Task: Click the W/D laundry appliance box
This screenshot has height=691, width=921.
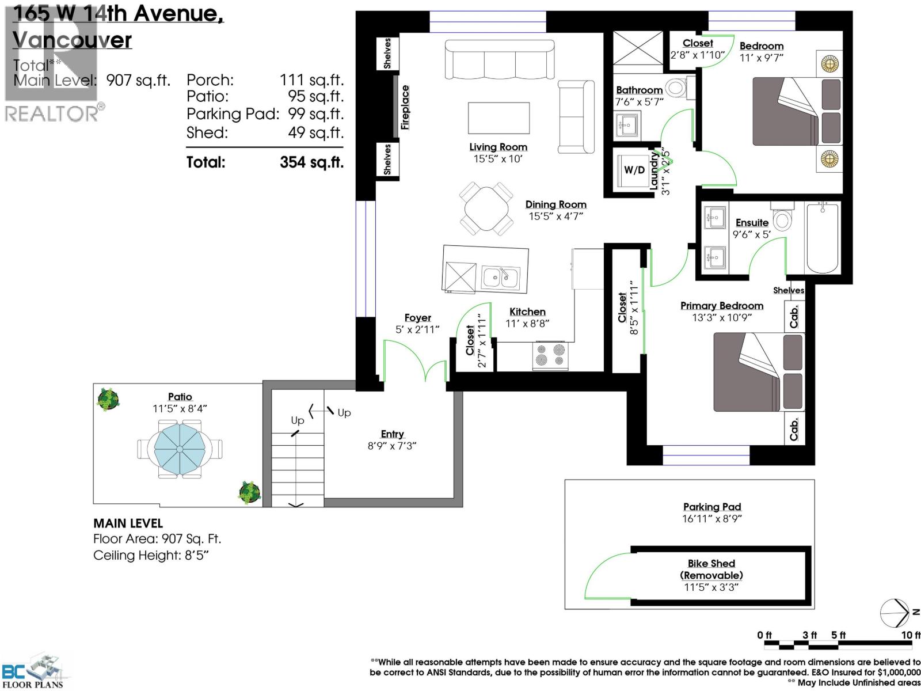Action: pos(634,170)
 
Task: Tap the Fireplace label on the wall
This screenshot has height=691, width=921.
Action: pos(405,108)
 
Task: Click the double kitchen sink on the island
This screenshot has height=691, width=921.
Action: pos(501,278)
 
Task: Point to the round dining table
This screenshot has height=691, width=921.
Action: pos(487,209)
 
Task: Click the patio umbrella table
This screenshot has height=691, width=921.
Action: pos(180,449)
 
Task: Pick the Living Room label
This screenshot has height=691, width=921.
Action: pos(498,147)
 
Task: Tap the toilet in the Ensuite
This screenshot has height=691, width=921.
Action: pos(782,217)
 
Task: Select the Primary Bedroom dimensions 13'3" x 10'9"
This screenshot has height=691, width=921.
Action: pos(722,318)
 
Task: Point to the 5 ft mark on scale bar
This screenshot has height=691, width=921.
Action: pos(838,635)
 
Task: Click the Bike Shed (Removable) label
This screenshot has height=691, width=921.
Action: pos(711,569)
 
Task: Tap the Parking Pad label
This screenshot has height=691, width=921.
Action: pos(712,507)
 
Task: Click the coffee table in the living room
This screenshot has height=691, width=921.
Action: pos(498,118)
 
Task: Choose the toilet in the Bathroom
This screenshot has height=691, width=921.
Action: pos(677,88)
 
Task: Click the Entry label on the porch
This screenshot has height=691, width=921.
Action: pos(392,434)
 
